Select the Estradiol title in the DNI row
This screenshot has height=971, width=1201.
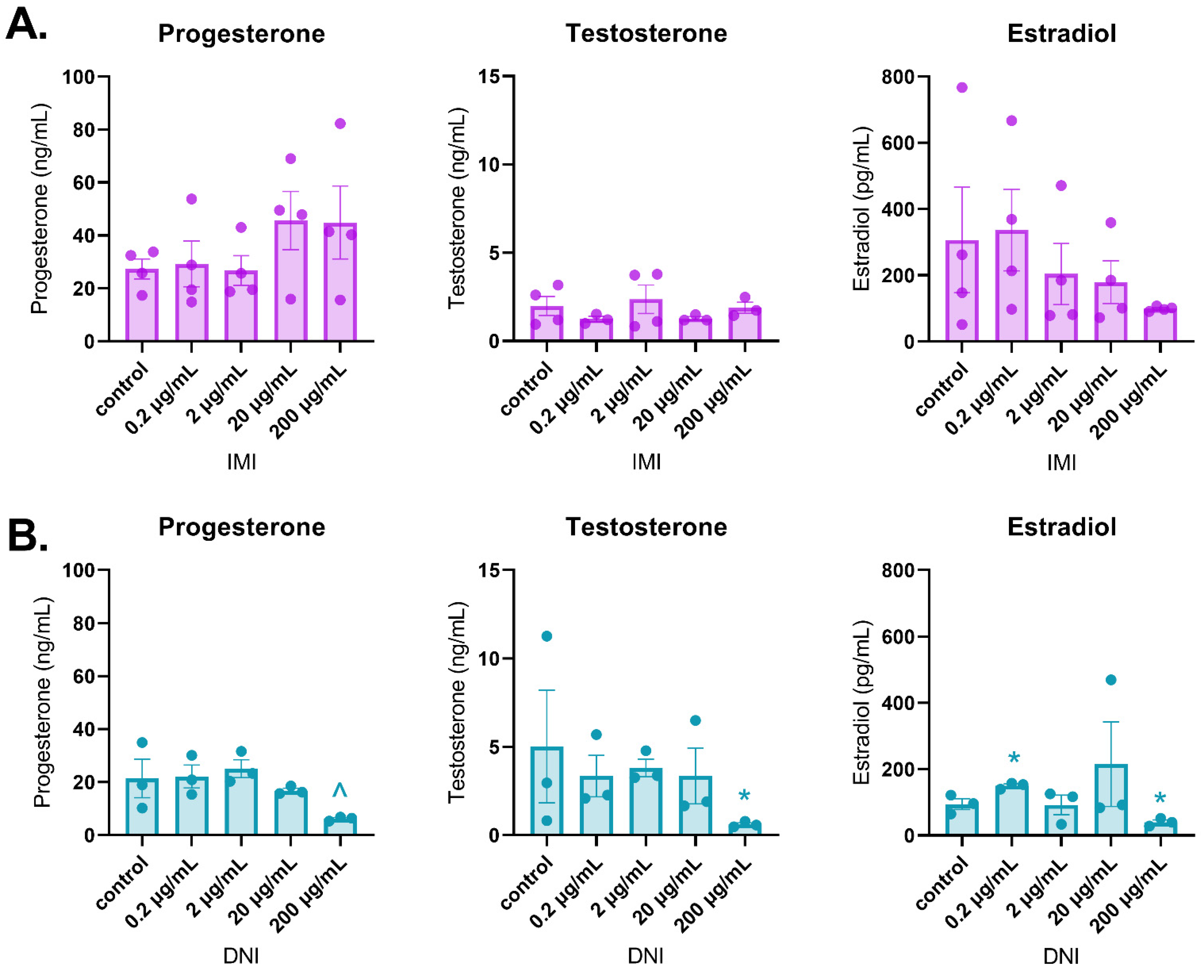coord(1061,527)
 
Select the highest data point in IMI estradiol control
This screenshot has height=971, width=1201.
coord(962,87)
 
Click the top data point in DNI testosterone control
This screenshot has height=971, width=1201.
coord(547,636)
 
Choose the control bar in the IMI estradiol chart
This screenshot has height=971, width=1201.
coord(962,291)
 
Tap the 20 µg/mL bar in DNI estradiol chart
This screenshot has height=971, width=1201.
coord(1111,800)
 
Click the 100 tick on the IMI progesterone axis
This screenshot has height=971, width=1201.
coord(78,77)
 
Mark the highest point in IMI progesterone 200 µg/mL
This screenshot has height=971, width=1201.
coord(340,123)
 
